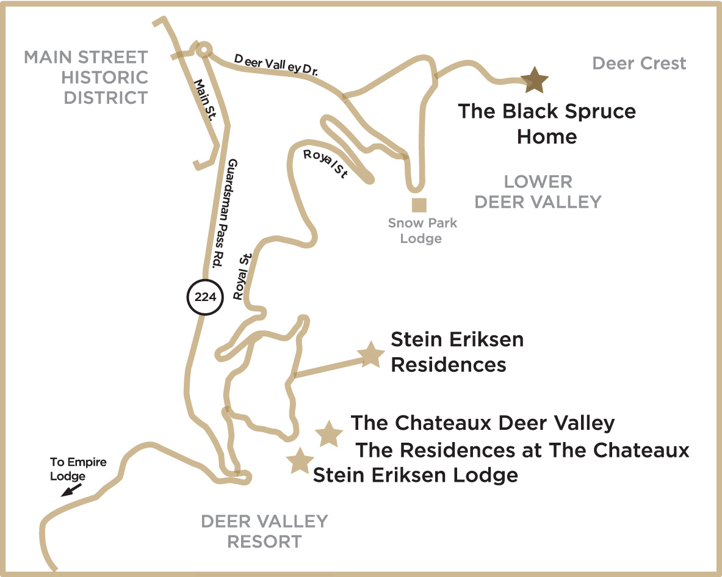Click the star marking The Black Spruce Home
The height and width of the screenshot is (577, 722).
pos(535,80)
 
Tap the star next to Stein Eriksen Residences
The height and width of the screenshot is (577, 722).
pos(370,355)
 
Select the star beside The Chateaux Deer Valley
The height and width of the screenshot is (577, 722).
pos(329,434)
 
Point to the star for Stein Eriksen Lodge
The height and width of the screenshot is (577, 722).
pos(300,461)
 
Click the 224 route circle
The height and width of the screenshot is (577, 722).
pos(204,297)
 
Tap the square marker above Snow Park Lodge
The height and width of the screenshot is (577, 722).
pos(419,205)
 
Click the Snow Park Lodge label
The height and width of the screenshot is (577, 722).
pos(422,230)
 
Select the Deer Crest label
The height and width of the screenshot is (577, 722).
pos(639,63)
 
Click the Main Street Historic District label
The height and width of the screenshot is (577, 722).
pos(86,78)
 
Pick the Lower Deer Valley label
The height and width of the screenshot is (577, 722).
pos(538,191)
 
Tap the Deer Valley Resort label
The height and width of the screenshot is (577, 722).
pos(264,531)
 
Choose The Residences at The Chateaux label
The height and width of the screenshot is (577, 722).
pos(522,450)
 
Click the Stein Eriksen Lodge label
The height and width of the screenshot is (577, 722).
pos(415,474)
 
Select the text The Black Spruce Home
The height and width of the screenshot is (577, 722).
pos(547,123)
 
